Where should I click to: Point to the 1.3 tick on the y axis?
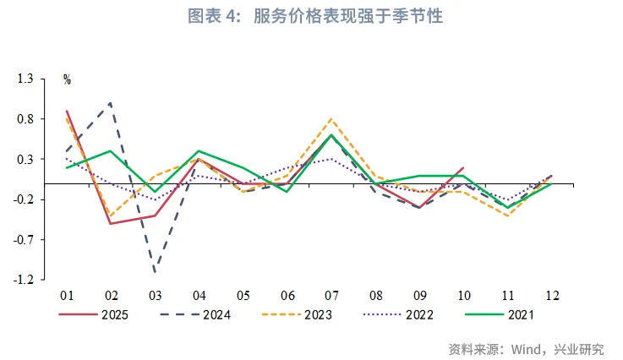pos(25,79)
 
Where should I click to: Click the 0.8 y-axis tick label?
pos(25,119)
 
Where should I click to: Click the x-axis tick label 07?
pos(331,295)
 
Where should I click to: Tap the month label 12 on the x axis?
pos(552,295)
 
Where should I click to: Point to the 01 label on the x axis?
pos(67,295)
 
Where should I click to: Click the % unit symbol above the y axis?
pos(67,80)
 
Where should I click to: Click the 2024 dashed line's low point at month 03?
pos(155,272)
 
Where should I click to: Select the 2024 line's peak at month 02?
pos(111,103)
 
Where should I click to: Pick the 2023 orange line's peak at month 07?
pos(331,119)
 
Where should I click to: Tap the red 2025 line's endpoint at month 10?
pos(463,167)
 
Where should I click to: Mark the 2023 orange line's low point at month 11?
pos(507,215)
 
